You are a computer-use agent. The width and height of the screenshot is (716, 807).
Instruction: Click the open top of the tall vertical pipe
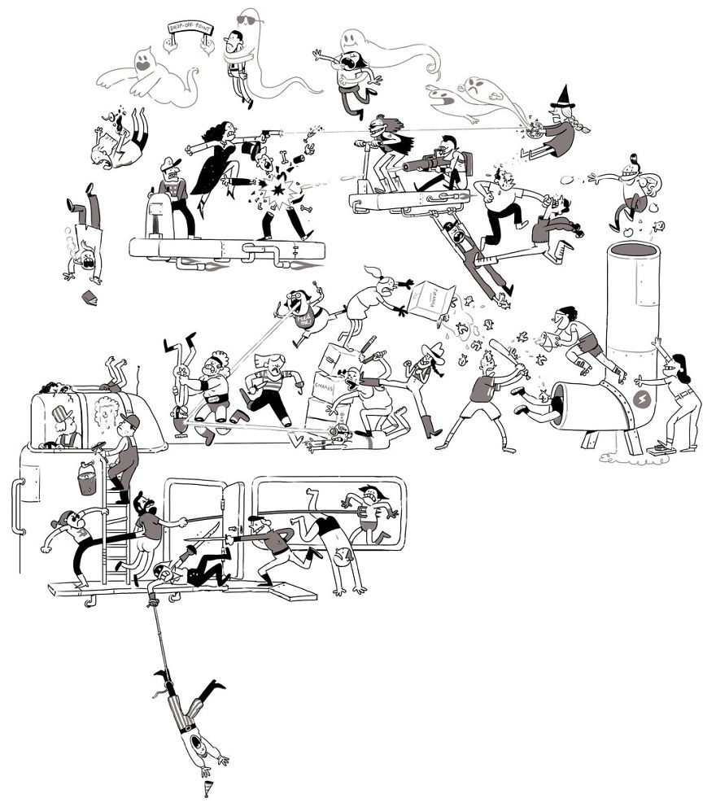(634, 249)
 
